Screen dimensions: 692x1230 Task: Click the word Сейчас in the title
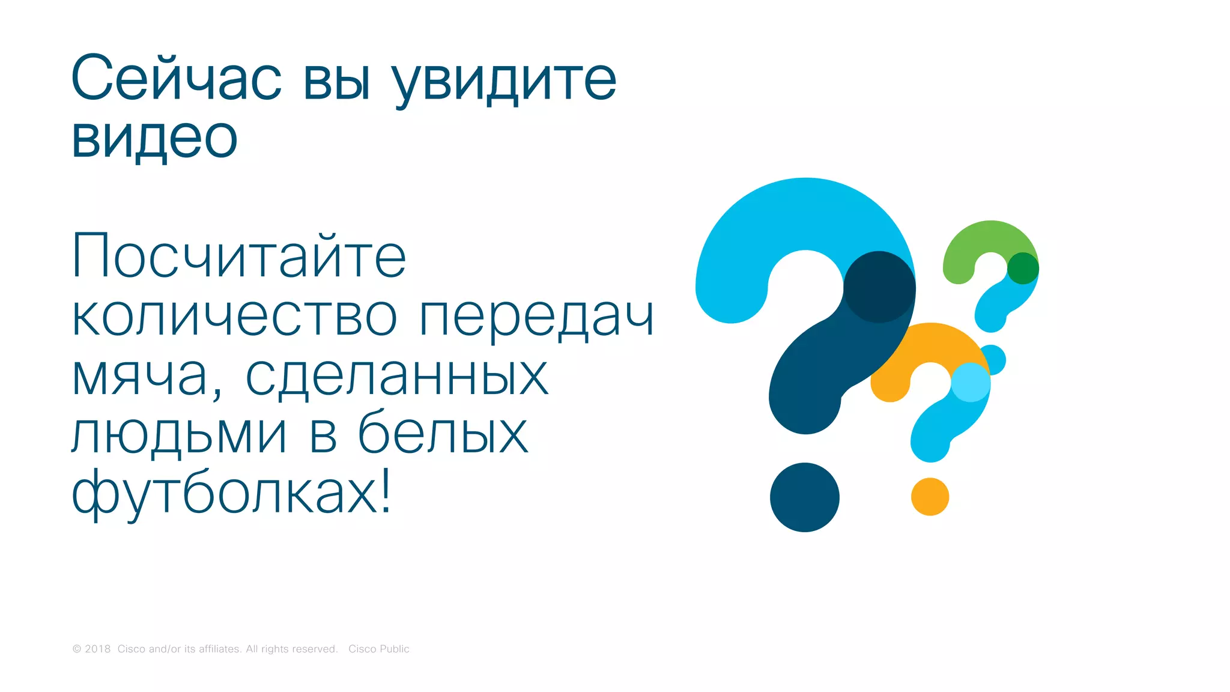point(176,78)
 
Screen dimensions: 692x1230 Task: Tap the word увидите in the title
point(504,81)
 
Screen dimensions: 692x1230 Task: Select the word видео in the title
point(154,138)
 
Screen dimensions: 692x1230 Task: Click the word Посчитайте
point(239,256)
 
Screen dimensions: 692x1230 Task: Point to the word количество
point(234,316)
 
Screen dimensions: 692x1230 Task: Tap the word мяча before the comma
point(139,377)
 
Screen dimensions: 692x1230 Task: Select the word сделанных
point(397,377)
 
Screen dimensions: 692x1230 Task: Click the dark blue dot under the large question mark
point(805,497)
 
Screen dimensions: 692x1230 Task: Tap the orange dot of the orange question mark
point(930,497)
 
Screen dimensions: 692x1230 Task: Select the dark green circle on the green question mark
point(1023,268)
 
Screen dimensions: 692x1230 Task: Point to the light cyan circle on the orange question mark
point(971,382)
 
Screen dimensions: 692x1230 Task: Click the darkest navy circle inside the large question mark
point(879,287)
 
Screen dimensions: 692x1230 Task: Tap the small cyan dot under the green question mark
point(994,359)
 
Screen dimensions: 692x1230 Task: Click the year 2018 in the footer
point(98,649)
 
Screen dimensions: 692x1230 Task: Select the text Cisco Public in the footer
point(378,649)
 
